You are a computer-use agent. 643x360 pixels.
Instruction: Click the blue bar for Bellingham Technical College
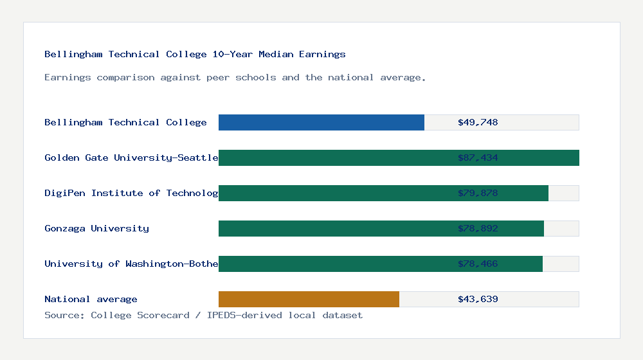[321, 122]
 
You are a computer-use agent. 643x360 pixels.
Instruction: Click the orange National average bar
[309, 299]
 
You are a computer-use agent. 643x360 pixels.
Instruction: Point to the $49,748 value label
[478, 122]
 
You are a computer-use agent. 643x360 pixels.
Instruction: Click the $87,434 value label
[478, 157]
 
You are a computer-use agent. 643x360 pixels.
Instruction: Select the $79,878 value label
[478, 193]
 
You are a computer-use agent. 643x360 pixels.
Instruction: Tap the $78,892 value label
[478, 228]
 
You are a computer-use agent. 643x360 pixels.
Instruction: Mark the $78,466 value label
[478, 264]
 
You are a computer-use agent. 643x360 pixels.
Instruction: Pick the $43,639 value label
[478, 299]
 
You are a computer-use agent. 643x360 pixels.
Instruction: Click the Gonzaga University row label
[96, 228]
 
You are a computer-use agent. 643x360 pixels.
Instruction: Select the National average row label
[91, 299]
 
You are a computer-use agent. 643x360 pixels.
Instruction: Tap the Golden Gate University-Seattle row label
[131, 157]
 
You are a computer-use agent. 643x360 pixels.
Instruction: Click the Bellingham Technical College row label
[125, 122]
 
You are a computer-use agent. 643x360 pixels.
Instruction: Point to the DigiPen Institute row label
[131, 193]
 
